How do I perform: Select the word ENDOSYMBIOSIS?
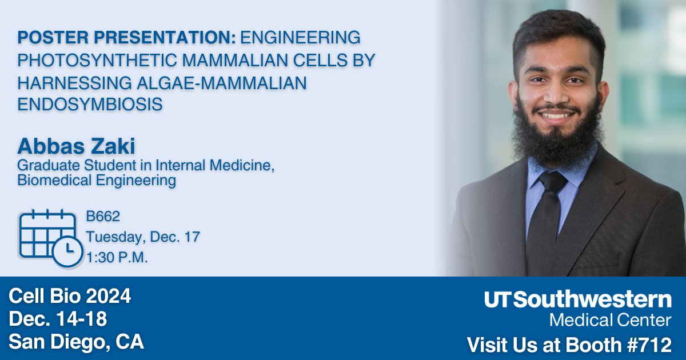click(x=90, y=104)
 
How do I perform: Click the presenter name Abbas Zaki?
click(x=76, y=146)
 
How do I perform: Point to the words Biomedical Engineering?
click(x=97, y=181)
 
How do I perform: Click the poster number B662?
click(x=103, y=217)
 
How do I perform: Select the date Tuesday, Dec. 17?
click(x=142, y=237)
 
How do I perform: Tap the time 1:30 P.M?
click(x=117, y=257)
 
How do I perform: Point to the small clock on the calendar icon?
click(x=67, y=251)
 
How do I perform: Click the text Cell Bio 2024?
click(x=70, y=296)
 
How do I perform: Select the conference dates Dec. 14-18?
click(x=58, y=319)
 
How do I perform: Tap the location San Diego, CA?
click(x=77, y=342)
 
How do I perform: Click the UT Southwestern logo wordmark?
click(x=578, y=300)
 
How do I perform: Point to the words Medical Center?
click(x=610, y=319)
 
